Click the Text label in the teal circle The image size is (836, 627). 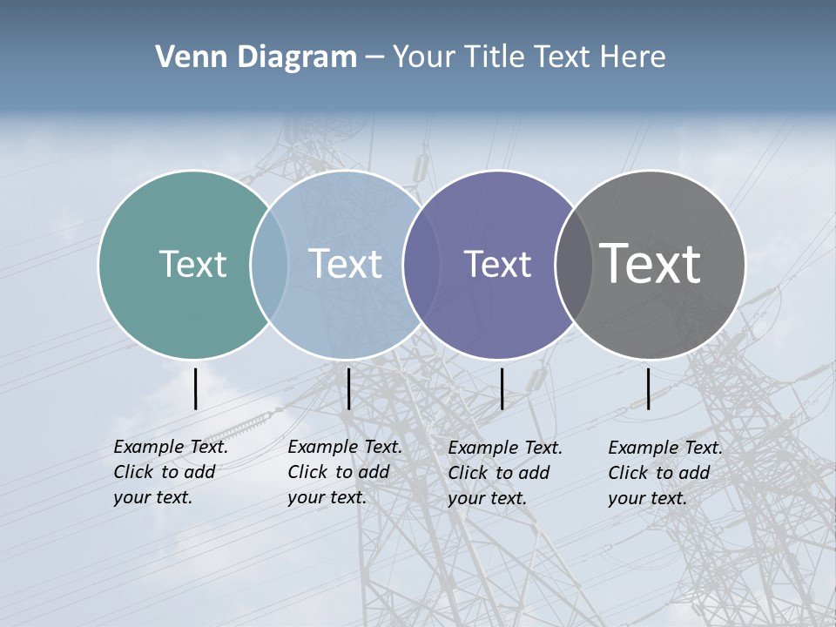192,264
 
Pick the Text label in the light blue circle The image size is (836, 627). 346,264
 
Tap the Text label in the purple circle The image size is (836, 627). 497,264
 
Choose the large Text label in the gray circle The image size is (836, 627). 651,264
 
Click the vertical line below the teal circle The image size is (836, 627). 195,388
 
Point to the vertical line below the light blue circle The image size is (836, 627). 348,388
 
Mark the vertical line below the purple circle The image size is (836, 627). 502,388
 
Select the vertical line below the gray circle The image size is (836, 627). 649,388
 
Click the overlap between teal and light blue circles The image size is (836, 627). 269,264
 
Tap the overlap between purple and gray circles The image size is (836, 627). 574,264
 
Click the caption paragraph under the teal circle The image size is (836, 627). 171,472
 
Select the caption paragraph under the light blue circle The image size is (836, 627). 345,472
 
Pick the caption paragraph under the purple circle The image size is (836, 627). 505,473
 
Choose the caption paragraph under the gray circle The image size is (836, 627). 665,473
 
